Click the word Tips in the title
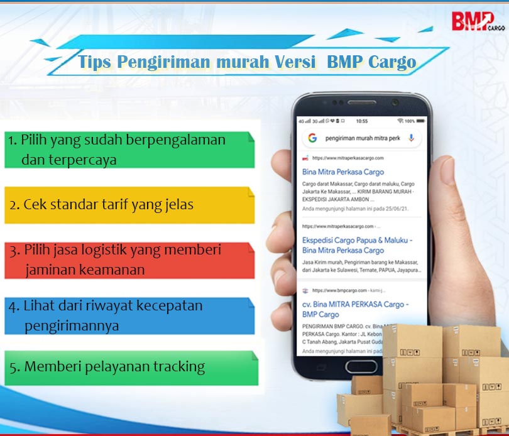96,62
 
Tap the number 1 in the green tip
12,140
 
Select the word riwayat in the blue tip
120,306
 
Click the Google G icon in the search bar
312,138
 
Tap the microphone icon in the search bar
411,138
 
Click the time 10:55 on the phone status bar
361,120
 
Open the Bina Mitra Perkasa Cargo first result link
343,172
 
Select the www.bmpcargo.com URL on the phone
336,291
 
